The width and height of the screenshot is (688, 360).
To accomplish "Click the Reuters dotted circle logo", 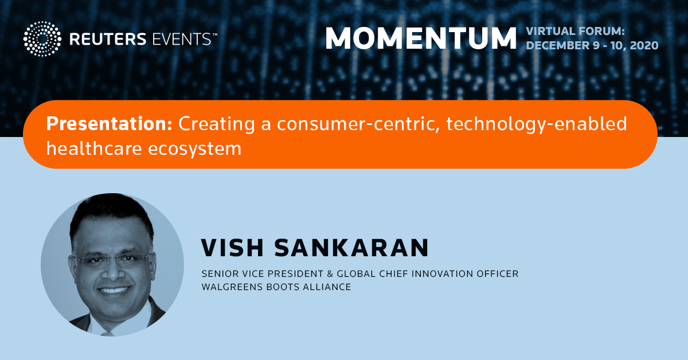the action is [x=42, y=39].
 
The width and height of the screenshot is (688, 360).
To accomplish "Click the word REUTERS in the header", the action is [x=108, y=40].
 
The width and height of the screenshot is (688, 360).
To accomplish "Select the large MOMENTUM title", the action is [x=421, y=38].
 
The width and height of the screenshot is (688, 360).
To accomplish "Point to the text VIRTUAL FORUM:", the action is [x=575, y=31].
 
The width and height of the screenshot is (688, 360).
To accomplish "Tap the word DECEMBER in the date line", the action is [x=558, y=45].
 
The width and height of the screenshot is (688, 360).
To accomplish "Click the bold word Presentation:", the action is [x=109, y=123].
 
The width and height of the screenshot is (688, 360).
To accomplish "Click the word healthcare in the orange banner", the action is [x=94, y=148].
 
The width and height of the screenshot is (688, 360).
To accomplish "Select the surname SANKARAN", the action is [x=351, y=248].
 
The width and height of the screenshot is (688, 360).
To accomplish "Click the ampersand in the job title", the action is [x=330, y=273].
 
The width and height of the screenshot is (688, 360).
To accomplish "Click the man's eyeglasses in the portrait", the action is [x=113, y=260].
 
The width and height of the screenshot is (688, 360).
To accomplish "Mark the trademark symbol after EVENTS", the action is [x=214, y=34].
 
